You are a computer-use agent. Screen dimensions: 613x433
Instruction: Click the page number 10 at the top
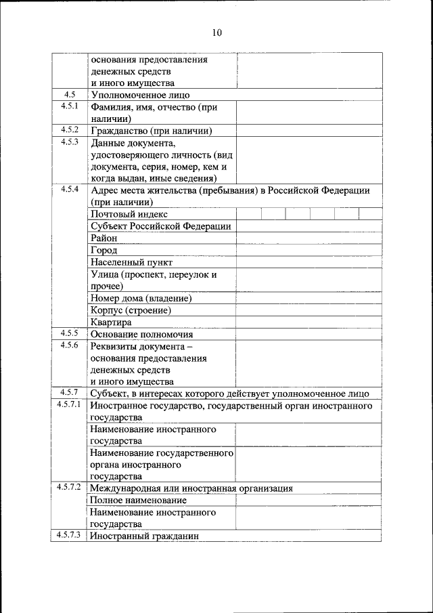pos(216,32)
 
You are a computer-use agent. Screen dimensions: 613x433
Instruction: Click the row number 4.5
pos(70,95)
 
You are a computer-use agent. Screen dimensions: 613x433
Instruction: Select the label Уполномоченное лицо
pos(140,96)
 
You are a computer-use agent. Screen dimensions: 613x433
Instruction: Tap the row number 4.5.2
pos(70,129)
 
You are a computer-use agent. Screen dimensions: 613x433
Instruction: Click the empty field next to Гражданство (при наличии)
pos(308,131)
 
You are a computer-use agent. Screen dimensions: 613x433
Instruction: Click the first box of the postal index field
pos(248,214)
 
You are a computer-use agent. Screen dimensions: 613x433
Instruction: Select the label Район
pos(104,238)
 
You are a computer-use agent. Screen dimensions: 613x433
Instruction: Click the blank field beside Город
pos(308,251)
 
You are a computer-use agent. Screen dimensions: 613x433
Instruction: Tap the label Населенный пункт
pos(131,262)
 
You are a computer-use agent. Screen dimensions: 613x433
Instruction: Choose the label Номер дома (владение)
pos(141,298)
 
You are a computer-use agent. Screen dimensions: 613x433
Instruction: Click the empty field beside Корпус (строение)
pos(308,310)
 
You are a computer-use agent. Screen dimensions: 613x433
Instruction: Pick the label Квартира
pos(110,322)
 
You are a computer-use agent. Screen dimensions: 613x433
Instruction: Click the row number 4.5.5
pos(70,333)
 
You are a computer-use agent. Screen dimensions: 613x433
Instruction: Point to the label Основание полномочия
pos(141,335)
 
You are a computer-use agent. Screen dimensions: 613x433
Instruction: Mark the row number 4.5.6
pos(70,345)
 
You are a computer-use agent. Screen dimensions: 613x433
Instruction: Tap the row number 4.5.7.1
pos(70,405)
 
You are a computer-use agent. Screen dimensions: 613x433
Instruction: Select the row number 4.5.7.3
pos(70,536)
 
